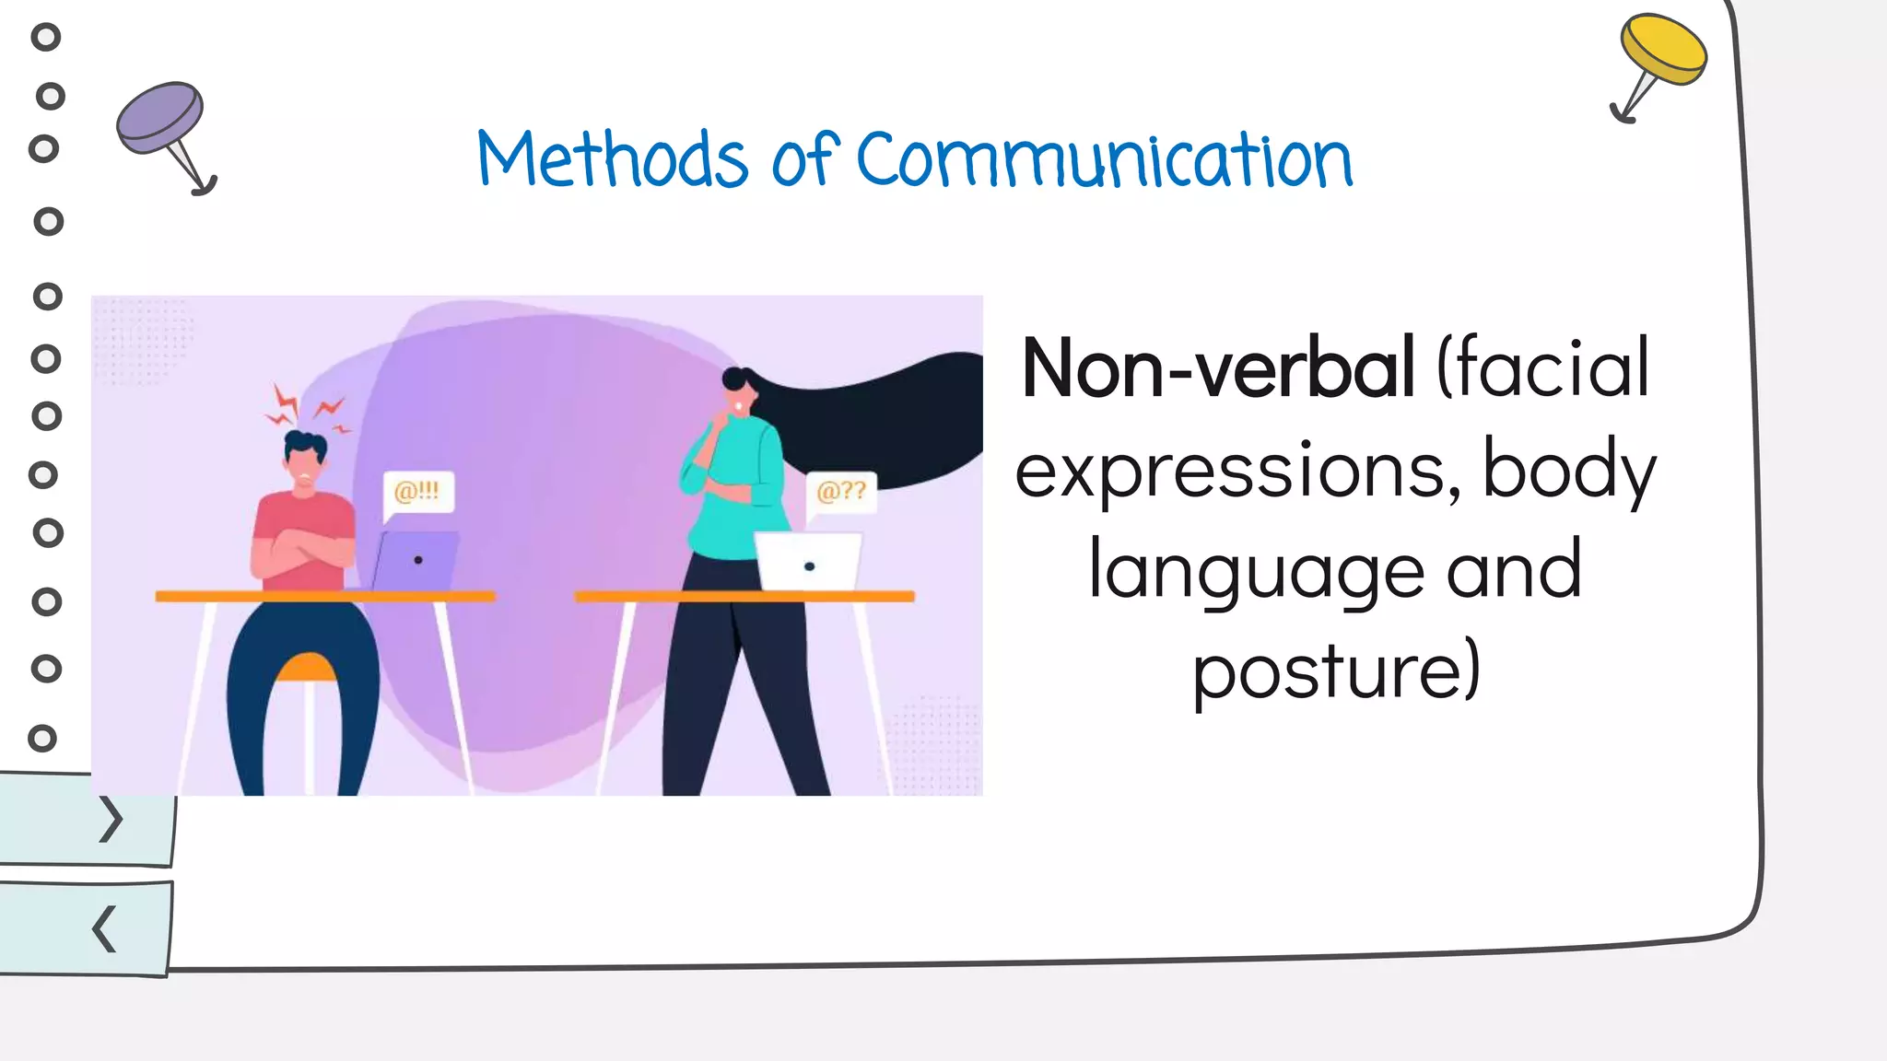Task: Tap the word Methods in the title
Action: (x=612, y=160)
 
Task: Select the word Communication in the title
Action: (x=1104, y=160)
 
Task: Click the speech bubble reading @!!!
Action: (x=417, y=492)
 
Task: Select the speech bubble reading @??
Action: (x=840, y=492)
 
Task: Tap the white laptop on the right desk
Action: (x=809, y=562)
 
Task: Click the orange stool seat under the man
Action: (x=306, y=669)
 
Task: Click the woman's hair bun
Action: (x=734, y=379)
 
